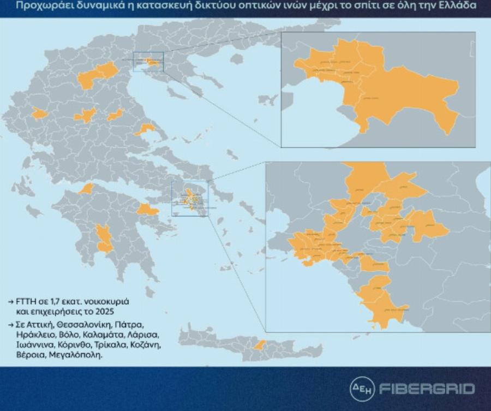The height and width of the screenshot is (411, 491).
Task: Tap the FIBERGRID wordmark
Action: pyautogui.click(x=427, y=389)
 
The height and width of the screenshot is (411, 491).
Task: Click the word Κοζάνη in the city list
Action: pyautogui.click(x=144, y=345)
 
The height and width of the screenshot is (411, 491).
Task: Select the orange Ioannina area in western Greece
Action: pyautogui.click(x=40, y=114)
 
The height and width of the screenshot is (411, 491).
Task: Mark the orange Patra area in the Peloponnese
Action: pyautogui.click(x=86, y=189)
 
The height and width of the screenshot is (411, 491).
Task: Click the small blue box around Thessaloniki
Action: pyautogui.click(x=148, y=62)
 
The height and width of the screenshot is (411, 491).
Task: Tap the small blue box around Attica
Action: pyautogui.click(x=190, y=198)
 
